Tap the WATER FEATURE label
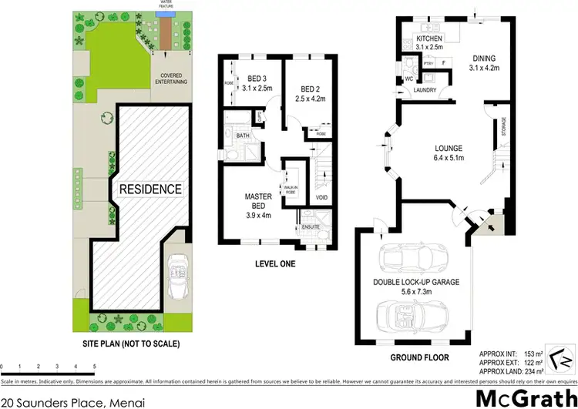pos(165,3)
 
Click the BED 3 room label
pos(258,79)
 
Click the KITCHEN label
pos(429,38)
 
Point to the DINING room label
pos(483,58)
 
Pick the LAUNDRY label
pos(425,90)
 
